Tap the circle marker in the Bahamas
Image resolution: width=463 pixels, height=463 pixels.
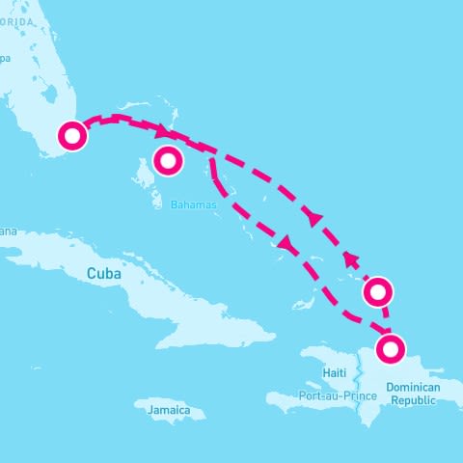point(168,160)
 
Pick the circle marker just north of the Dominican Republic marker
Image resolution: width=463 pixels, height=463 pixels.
point(377,290)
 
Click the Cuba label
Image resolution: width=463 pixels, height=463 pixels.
point(104,273)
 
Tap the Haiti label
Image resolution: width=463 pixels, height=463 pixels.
point(335,372)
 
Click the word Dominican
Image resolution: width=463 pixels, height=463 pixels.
point(413,387)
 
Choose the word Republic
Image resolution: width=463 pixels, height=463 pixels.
point(413,399)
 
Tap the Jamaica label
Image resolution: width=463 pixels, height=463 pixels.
point(169,410)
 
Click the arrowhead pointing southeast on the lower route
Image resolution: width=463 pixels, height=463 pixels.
point(284,246)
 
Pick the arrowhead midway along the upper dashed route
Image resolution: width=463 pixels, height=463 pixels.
point(313,218)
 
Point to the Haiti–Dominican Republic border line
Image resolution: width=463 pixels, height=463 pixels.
point(363,386)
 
